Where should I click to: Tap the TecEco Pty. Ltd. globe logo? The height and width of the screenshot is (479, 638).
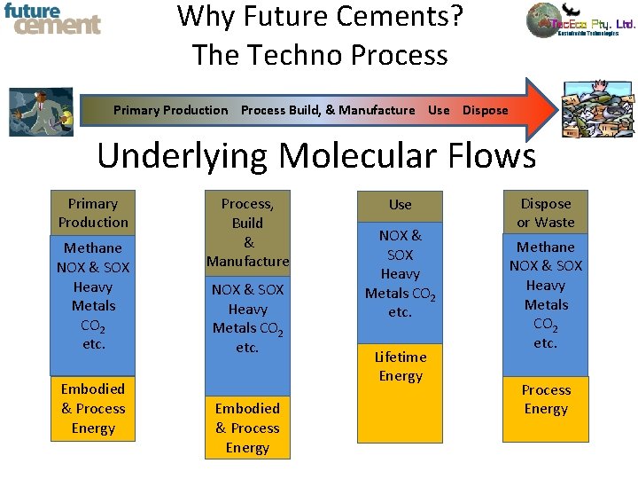coord(547,20)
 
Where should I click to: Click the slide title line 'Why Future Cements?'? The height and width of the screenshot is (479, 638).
coord(320,16)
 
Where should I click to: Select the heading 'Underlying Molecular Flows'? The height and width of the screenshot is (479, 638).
coord(316,156)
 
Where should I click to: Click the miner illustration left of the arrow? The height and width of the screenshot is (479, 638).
coord(41,111)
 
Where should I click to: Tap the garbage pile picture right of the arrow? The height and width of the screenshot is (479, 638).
coord(598,109)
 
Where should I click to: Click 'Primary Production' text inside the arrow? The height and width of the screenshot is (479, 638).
coord(170,110)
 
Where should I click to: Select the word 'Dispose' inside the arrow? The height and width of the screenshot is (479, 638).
coord(485,110)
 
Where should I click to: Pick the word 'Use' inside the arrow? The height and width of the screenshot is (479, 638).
coord(439,110)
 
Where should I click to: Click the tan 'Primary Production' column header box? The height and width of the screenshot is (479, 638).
coord(93,213)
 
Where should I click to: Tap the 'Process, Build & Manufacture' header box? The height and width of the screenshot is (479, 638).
coord(247,232)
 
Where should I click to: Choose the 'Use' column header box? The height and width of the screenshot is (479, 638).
coord(400,205)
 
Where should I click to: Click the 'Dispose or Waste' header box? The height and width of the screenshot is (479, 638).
coord(546,213)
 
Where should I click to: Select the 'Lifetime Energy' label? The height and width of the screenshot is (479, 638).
coord(401,366)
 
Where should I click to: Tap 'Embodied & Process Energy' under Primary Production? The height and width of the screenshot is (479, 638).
coord(93,408)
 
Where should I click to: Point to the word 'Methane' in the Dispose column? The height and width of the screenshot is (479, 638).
coord(546,247)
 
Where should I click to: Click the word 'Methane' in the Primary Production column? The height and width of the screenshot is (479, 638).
coord(93,247)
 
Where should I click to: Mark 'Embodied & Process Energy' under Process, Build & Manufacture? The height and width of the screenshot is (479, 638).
coord(247,428)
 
